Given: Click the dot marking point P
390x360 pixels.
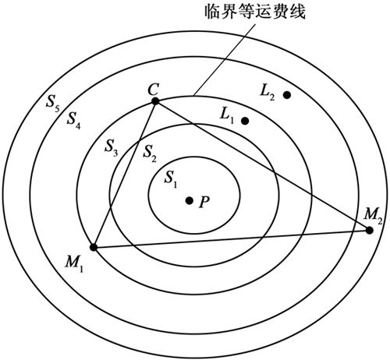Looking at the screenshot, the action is point(189,200).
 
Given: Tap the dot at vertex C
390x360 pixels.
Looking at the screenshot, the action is point(155,101).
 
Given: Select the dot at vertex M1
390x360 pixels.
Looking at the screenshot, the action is point(94,247).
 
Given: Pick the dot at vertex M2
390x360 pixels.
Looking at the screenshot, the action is point(369,230).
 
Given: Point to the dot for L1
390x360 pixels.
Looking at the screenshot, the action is point(245,121).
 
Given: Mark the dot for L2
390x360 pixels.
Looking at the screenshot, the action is point(287,95).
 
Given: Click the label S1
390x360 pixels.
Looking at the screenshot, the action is point(171,179).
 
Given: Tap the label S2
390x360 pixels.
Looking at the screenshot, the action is point(150,154).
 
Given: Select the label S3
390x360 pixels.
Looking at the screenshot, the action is point(112,147).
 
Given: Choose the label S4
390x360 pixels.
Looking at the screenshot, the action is point(73,120).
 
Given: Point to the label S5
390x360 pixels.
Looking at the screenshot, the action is point(53,102).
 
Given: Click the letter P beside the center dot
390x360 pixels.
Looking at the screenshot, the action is point(204,202).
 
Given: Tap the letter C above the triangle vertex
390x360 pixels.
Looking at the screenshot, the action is point(153,90).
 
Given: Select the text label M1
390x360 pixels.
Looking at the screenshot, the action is point(74,263).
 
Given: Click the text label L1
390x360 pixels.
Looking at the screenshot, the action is point(227,115).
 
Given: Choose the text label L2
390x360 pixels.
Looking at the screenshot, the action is point(268,93).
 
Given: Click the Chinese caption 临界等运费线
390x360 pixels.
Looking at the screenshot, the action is point(255,12).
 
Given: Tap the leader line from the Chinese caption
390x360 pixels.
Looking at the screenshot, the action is point(225,60).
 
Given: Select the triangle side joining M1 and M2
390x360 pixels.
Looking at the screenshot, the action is point(232,238).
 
